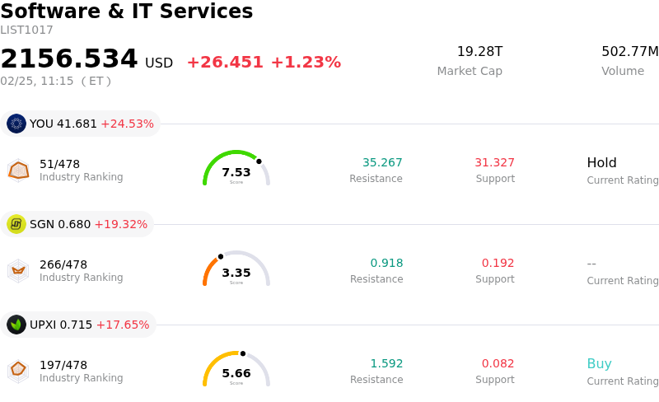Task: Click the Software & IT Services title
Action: tap(127, 12)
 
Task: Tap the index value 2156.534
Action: tap(69, 59)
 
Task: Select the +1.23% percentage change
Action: tap(306, 63)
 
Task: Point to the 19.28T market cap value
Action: tap(479, 52)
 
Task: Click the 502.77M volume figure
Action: tap(630, 52)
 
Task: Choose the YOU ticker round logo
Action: tap(16, 124)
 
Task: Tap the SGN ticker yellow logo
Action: tap(16, 224)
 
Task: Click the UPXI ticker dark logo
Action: tap(16, 325)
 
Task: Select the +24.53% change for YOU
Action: tap(127, 124)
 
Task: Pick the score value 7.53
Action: tap(236, 172)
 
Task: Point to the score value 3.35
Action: tap(236, 273)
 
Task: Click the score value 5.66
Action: tap(236, 373)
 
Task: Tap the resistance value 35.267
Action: tap(382, 163)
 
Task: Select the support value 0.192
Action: tap(498, 264)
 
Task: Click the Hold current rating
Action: tap(601, 163)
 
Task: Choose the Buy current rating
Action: tap(599, 364)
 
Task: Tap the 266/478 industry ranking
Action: tap(63, 264)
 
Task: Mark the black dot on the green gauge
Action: tap(259, 161)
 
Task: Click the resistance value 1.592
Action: tap(386, 364)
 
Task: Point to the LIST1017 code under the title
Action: tap(26, 30)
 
